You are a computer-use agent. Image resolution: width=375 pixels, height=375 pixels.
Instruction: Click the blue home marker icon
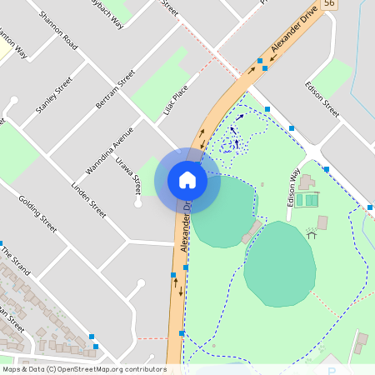[x=187, y=180]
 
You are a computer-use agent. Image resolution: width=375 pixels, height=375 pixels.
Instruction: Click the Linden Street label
[x=89, y=199]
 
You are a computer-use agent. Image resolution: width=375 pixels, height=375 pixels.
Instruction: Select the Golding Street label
[x=37, y=214]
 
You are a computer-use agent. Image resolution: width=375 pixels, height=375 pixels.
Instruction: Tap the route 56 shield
[x=353, y=4]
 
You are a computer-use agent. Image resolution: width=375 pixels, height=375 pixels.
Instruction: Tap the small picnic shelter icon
[x=312, y=234]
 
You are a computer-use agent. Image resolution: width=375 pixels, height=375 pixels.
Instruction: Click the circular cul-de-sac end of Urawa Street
[x=138, y=202]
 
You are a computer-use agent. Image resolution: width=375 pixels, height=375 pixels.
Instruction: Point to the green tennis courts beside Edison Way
[x=311, y=200]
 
